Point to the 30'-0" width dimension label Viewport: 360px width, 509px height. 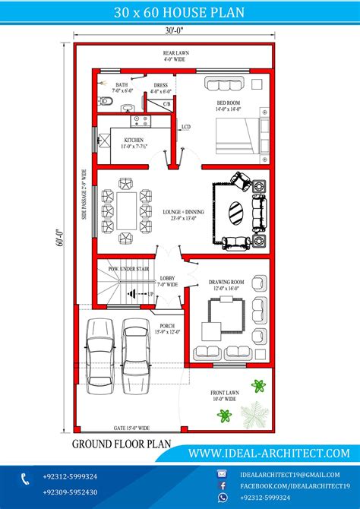tap(175, 32)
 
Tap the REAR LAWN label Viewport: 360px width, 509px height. tap(175, 55)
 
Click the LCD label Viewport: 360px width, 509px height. tap(185, 127)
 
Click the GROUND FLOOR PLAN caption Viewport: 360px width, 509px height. tap(122, 444)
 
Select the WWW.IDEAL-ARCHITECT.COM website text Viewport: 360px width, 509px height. tap(269, 453)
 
